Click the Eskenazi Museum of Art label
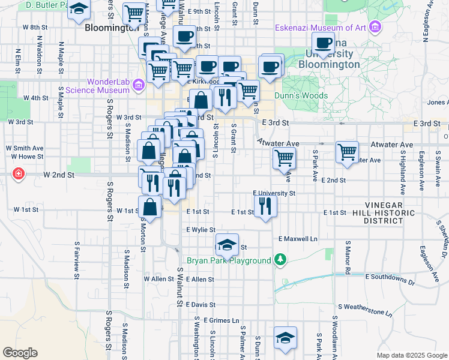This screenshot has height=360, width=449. pyautogui.click(x=321, y=28)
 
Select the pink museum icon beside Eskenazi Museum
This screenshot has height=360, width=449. pyautogui.click(x=376, y=27)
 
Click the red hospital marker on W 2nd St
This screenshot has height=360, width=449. pyautogui.click(x=19, y=174)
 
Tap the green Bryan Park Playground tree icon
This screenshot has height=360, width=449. pyautogui.click(x=279, y=259)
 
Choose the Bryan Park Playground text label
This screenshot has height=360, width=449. pyautogui.click(x=229, y=261)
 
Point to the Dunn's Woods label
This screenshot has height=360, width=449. pyautogui.click(x=301, y=95)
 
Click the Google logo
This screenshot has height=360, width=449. pyautogui.click(x=20, y=353)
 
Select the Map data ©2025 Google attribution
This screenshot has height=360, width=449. pyautogui.click(x=411, y=355)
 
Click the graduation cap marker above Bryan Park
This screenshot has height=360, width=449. pyautogui.click(x=227, y=244)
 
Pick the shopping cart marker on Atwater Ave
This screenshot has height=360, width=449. pyautogui.click(x=347, y=152)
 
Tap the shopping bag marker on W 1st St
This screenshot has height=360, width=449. pyautogui.click(x=149, y=208)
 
